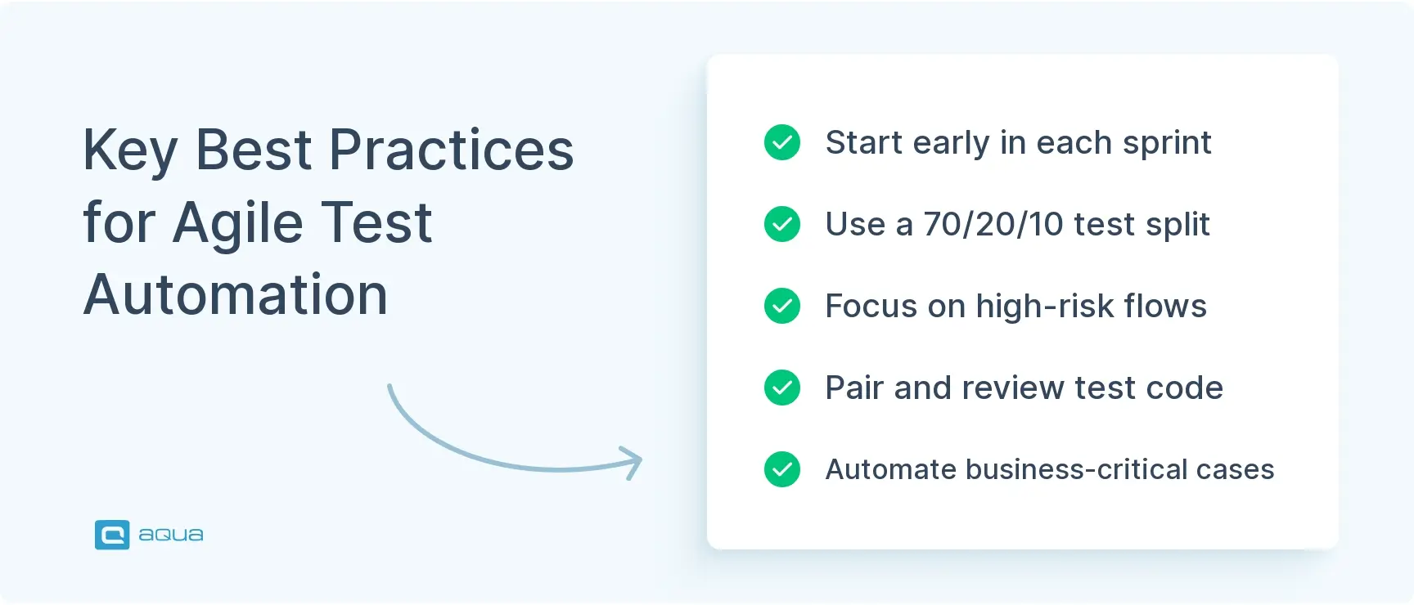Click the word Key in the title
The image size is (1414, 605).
[x=130, y=151]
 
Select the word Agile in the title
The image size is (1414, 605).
[x=238, y=224]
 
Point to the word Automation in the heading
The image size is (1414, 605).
[x=236, y=294]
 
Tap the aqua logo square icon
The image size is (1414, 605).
[x=112, y=535]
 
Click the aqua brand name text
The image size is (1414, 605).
[x=170, y=535]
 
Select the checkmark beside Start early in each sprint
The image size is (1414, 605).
[x=782, y=142]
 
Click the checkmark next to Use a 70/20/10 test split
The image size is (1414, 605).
[x=782, y=224]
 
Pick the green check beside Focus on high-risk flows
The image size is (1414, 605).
[x=782, y=306]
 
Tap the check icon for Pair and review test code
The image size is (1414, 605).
[x=782, y=388]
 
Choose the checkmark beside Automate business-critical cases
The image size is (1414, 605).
[x=782, y=469]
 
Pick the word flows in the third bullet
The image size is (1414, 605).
[x=1165, y=306]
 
